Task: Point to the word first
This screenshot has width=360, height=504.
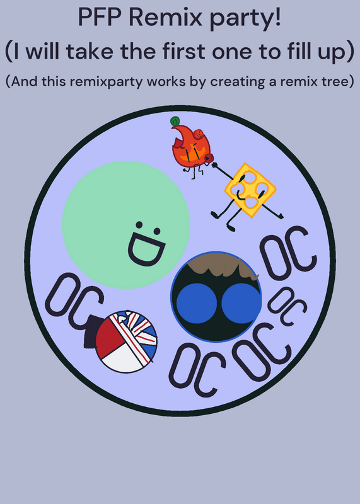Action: click(x=183, y=51)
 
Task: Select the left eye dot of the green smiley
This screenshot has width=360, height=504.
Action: click(x=139, y=224)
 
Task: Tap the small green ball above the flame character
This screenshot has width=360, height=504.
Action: click(x=175, y=121)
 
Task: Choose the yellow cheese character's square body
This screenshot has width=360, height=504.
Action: click(x=250, y=190)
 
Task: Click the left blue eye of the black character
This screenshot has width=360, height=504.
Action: click(x=196, y=304)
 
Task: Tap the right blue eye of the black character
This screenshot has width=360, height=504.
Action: click(x=241, y=304)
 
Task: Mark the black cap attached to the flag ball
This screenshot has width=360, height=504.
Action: click(x=91, y=332)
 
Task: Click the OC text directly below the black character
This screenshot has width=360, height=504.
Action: click(x=197, y=370)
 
